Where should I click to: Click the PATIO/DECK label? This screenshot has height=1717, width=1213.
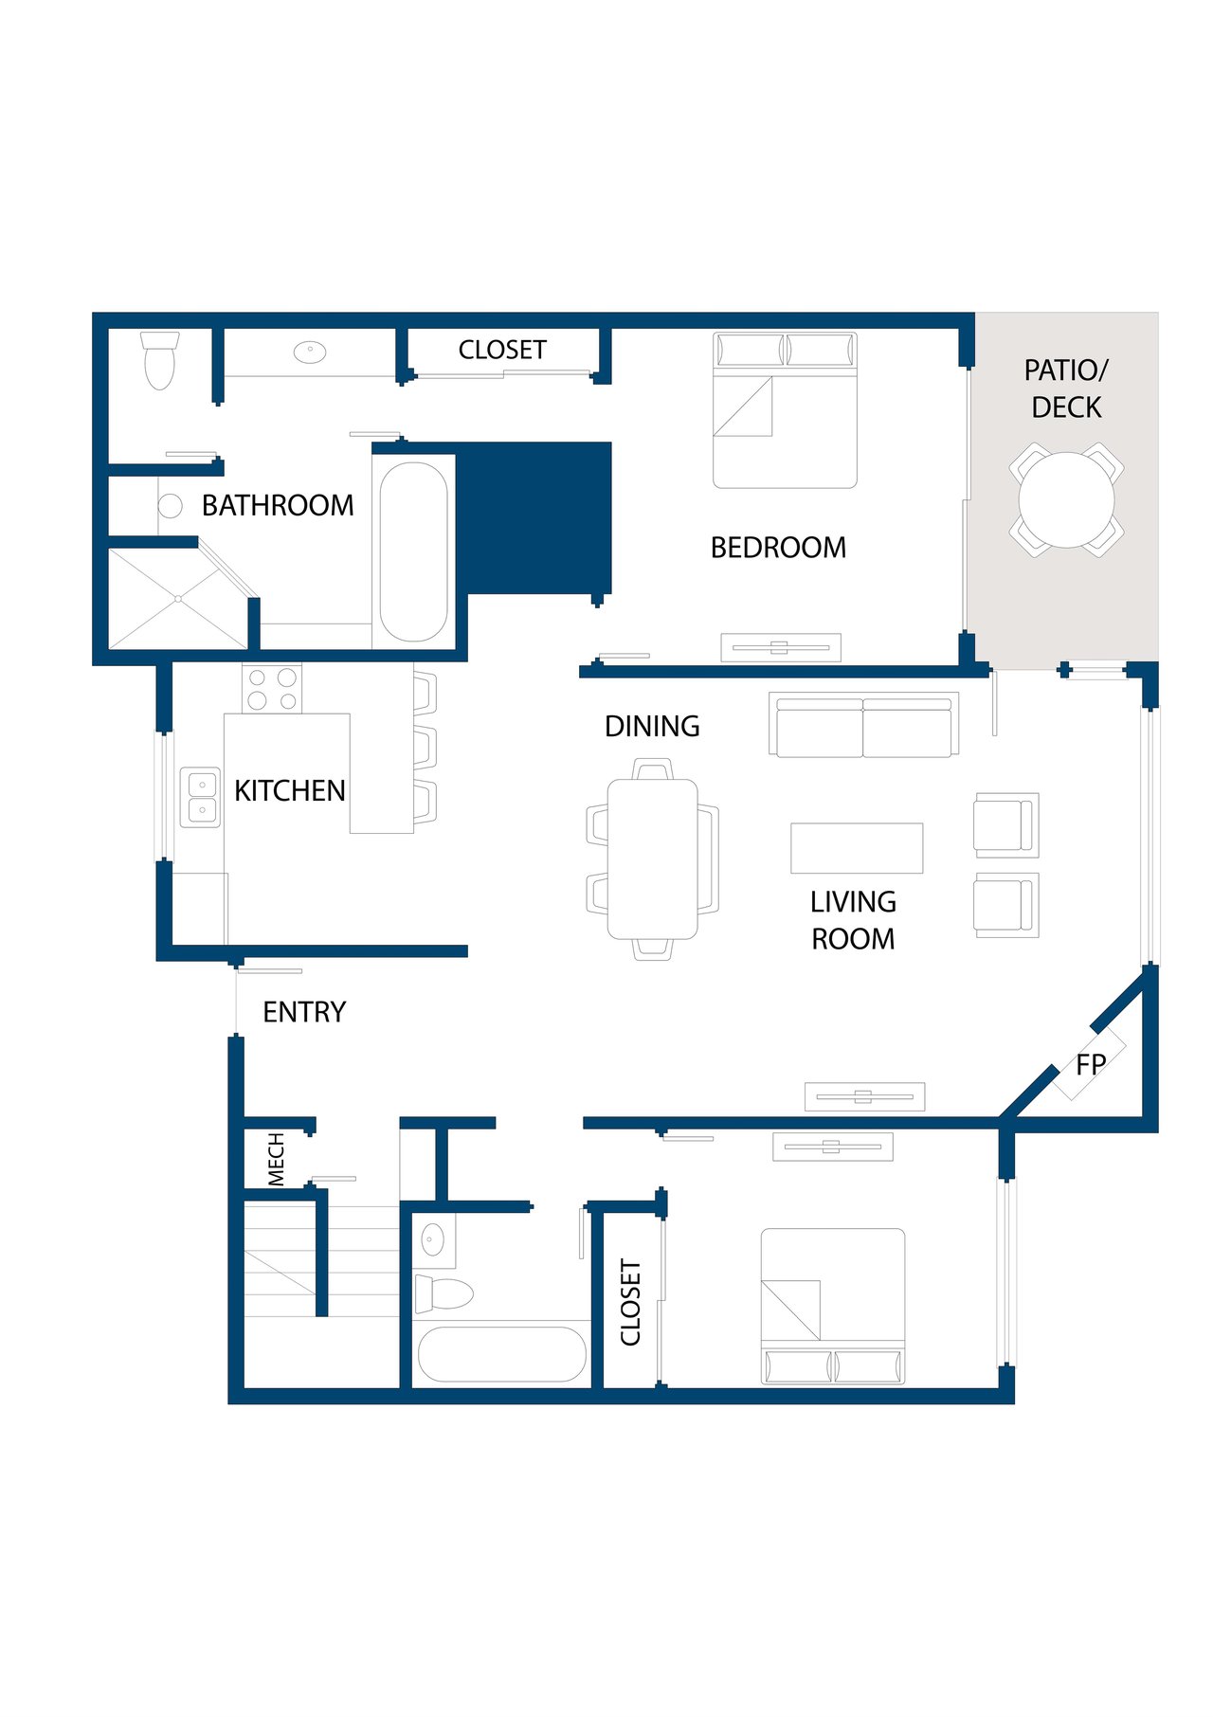point(1066,389)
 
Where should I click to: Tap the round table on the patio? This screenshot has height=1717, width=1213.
point(1066,499)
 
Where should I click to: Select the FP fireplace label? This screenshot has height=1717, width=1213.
point(1091,1065)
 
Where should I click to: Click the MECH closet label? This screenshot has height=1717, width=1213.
point(276,1159)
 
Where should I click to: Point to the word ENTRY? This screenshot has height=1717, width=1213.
point(304,1012)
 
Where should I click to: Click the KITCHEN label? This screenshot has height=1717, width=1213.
point(290,790)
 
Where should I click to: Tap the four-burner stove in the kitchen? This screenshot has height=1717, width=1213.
point(272,689)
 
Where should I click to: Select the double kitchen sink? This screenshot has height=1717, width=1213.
point(201,797)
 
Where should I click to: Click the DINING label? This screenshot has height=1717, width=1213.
point(652,727)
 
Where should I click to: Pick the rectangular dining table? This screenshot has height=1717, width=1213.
point(653,858)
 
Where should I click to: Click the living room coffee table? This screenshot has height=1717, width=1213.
point(857,848)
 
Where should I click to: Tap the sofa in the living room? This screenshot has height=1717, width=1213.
point(863,725)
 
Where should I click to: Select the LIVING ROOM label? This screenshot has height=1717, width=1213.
point(853,920)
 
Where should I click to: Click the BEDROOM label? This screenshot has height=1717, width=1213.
point(778,548)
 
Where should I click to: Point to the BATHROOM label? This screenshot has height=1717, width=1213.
point(278,506)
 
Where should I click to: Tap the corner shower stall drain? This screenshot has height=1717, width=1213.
point(178,599)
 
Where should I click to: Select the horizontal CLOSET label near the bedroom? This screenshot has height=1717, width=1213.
point(502,351)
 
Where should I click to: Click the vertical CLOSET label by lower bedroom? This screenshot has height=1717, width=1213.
point(631,1302)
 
